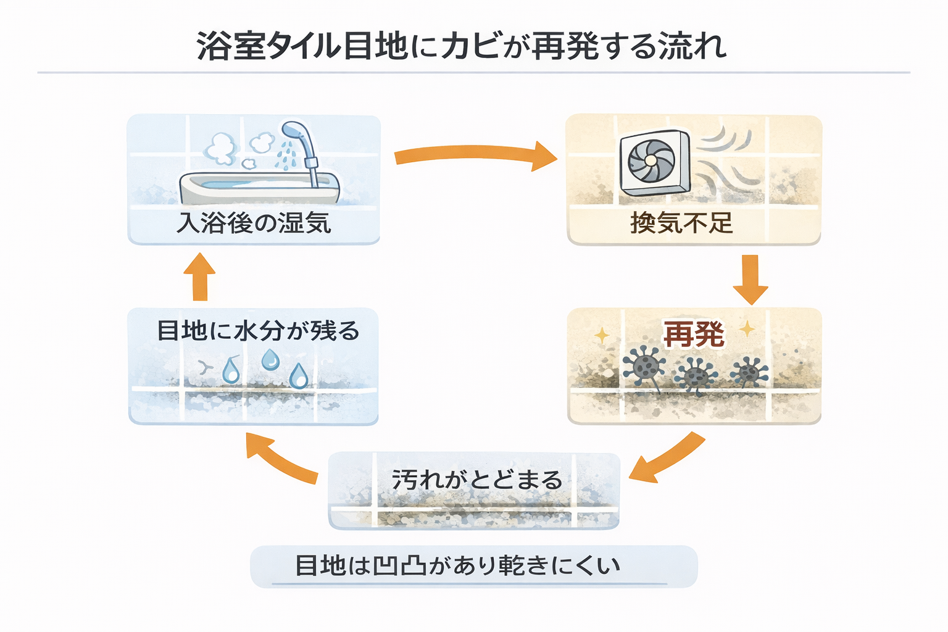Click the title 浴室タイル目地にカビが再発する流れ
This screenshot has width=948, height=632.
tap(462, 46)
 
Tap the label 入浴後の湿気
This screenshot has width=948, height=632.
tap(254, 223)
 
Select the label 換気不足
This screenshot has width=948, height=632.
tap(681, 223)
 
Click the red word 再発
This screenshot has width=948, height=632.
tap(694, 335)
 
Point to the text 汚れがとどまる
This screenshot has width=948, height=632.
tap(477, 480)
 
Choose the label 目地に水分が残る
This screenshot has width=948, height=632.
tap(257, 331)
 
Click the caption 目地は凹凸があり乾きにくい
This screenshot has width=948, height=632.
tap(457, 565)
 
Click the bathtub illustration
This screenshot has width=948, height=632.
tap(259, 188)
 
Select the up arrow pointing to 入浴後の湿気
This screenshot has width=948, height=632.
tap(199, 276)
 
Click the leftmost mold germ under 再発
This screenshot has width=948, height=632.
tap(644, 365)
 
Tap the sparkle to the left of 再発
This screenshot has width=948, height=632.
tap(601, 336)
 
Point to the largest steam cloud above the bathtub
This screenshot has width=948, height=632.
tap(221, 148)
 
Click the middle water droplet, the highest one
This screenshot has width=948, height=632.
tap(270, 359)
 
